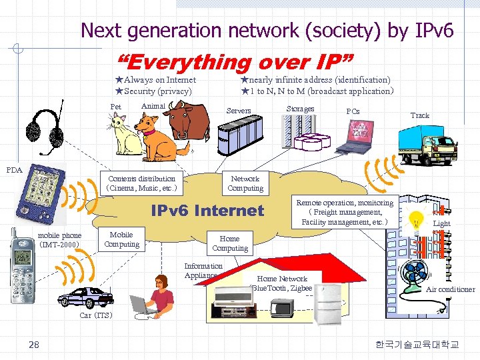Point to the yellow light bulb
[x=416, y=219]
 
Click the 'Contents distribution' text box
[x=141, y=183]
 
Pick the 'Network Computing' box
[x=245, y=183]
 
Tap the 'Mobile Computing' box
[x=121, y=239]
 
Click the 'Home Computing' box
[x=229, y=243]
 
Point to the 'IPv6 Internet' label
[x=207, y=211]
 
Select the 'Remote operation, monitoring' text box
[x=345, y=212]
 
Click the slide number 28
[x=33, y=344]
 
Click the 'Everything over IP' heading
[x=237, y=63]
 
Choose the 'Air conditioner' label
[x=451, y=289]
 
